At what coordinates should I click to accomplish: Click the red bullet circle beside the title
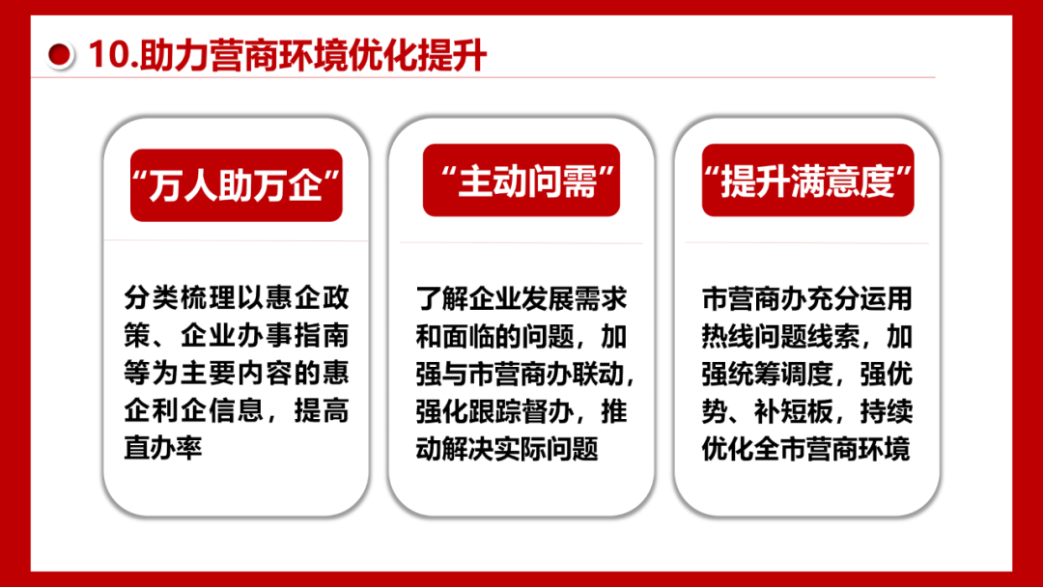click(x=59, y=54)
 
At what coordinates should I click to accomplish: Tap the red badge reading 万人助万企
click(x=237, y=184)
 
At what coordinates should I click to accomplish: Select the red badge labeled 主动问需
click(x=521, y=181)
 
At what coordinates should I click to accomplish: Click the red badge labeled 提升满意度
click(x=807, y=181)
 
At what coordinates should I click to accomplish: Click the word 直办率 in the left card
click(x=163, y=448)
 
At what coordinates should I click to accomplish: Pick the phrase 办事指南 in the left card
click(x=293, y=335)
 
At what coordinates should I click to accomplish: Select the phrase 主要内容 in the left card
click(x=237, y=373)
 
